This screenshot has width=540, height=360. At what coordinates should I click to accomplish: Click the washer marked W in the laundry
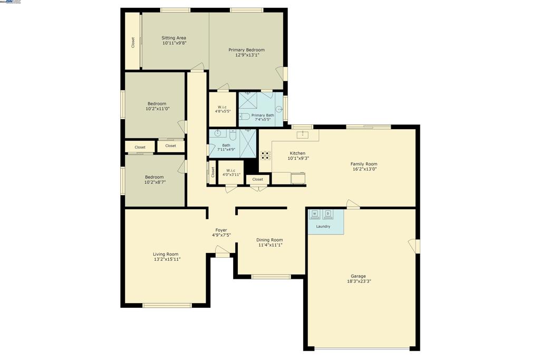pos(315,214)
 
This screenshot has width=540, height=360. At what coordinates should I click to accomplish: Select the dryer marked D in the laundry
pos(328,214)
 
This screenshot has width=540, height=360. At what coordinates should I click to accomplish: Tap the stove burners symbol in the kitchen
pos(266,155)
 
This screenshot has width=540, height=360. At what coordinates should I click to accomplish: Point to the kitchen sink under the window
pos(303,135)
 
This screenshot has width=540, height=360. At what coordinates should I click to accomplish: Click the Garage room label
pos(358,276)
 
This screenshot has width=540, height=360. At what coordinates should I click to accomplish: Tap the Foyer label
pos(221,230)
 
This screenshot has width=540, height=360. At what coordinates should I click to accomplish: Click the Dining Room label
pos(270,240)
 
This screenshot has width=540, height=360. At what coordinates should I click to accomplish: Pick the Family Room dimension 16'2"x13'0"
pos(364,170)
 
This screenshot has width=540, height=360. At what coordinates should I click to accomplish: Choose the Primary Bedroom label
pos(246,50)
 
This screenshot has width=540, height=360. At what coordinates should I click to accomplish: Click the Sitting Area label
pos(173,38)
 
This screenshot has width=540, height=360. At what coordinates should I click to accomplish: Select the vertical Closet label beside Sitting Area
pos(133,42)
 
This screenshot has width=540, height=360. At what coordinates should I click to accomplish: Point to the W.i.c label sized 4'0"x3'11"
pos(231,170)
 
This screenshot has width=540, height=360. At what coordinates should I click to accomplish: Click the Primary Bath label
pos(263,115)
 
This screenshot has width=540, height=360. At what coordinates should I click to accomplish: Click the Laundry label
pos(323,227)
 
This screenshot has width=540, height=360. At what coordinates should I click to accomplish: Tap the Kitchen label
pos(297,153)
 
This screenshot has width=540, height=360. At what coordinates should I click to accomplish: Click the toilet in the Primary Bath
pos(244,116)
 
